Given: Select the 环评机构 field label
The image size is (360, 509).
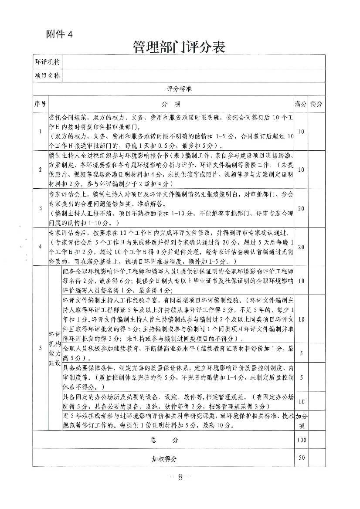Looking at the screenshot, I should coord(47,62).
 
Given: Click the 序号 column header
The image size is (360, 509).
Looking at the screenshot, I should coord(40,105).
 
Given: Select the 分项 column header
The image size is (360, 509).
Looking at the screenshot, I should coord(171,105).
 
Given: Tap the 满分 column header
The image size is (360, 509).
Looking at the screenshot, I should coord(301,105).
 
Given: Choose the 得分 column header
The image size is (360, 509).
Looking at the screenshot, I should coord(317,105).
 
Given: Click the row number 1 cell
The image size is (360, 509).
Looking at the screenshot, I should coord(40,131).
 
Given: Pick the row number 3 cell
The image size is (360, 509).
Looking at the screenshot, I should coord(40,208).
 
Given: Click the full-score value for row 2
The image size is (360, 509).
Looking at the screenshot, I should coord(301,170).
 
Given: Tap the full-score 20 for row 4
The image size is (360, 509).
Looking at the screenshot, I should coord(301,246).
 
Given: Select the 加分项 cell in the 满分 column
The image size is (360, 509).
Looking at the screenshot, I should coord(301,420).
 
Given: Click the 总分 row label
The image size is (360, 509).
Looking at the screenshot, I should coord(163,440).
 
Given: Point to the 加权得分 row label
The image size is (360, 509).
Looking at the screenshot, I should coord(163,459).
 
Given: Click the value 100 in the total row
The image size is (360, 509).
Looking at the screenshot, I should coord(301,440).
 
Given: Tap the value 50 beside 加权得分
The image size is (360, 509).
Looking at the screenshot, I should coord(301,458).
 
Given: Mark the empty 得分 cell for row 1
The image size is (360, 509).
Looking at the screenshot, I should coord(317,131).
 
